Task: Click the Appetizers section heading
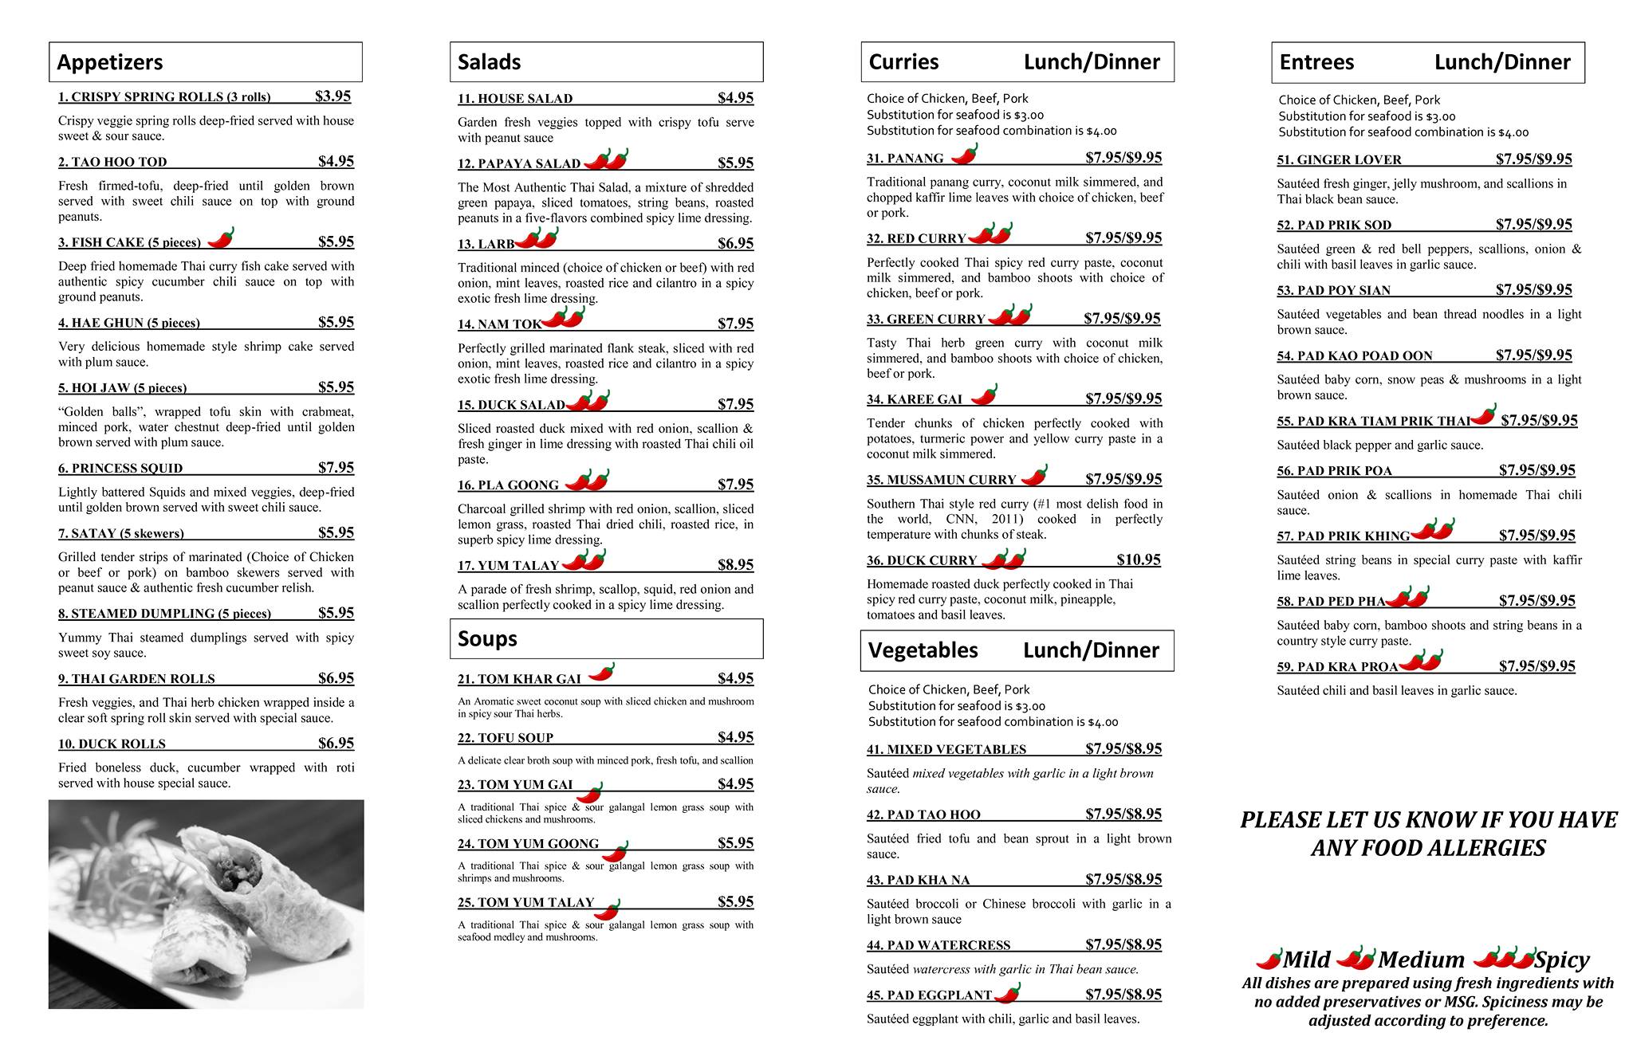pos(110,62)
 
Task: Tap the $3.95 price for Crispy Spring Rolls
pos(333,96)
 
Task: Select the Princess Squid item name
pos(120,468)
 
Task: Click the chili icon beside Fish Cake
pos(221,238)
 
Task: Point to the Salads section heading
pos(489,62)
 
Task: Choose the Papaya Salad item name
pos(519,163)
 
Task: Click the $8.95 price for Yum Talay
pos(735,565)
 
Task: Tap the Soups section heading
pos(487,638)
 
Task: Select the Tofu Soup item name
pos(506,738)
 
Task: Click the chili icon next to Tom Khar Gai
pos(602,673)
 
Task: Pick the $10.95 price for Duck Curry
pos(1139,559)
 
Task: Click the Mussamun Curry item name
pos(942,480)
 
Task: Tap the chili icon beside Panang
pos(965,153)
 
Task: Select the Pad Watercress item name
pos(938,945)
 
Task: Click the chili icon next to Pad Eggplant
pos(1009,992)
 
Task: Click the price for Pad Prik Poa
pos(1537,470)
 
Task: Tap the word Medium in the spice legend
pos(1421,960)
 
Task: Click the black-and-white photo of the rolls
pos(206,904)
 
